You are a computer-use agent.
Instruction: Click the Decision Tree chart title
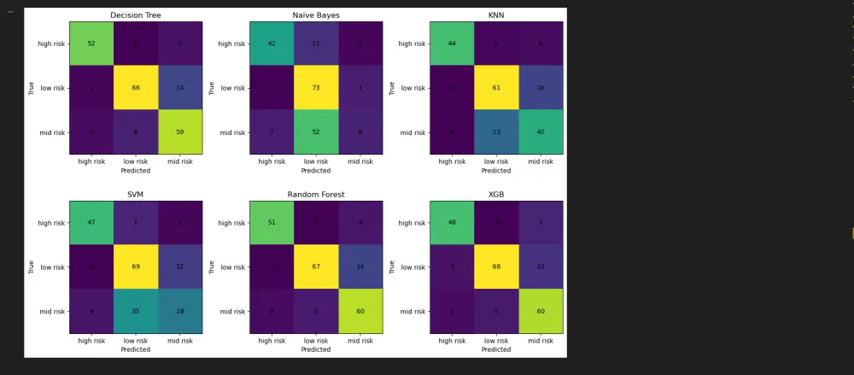coord(136,15)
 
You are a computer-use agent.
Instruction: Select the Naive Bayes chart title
coord(316,15)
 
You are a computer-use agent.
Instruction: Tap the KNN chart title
coord(496,15)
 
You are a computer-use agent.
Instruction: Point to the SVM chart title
coord(136,195)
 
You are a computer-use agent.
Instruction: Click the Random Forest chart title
coord(316,195)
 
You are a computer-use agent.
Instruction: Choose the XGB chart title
coord(496,195)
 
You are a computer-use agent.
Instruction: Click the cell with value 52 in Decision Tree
coord(91,44)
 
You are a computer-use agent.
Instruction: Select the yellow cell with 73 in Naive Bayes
coord(316,88)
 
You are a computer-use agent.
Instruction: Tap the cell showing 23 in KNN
coord(496,132)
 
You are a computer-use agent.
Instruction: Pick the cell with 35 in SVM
coord(136,312)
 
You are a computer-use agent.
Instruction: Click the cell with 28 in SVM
coord(180,312)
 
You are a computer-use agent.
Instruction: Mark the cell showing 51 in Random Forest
coord(272,223)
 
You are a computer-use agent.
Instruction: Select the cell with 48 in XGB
coord(452,223)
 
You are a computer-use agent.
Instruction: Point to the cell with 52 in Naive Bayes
coord(316,132)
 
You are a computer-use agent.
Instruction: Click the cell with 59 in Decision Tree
coord(180,132)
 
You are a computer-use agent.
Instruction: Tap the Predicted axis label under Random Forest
coord(316,349)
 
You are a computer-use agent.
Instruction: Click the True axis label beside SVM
coord(32,267)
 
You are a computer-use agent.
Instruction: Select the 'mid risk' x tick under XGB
coord(541,341)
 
